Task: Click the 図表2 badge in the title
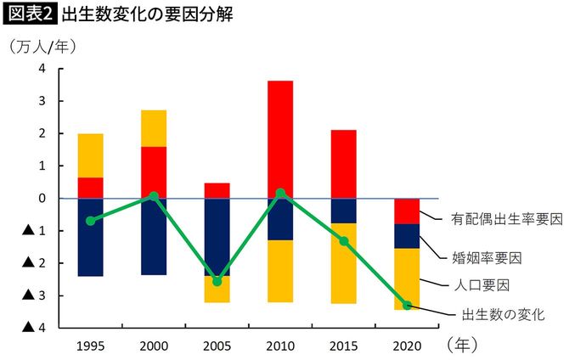coord(29,14)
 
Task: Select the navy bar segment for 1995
coord(90,237)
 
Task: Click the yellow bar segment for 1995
coord(90,155)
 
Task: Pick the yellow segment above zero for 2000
coord(154,128)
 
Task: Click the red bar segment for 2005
coord(217,190)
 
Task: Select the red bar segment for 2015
coord(342,164)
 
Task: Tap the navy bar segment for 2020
coord(406,236)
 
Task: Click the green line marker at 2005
coord(217,281)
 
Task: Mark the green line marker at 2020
coord(406,305)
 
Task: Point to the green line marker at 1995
coord(90,221)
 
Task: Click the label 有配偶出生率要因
coord(495,219)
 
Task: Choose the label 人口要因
coord(480,285)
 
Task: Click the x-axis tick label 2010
coord(279,346)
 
